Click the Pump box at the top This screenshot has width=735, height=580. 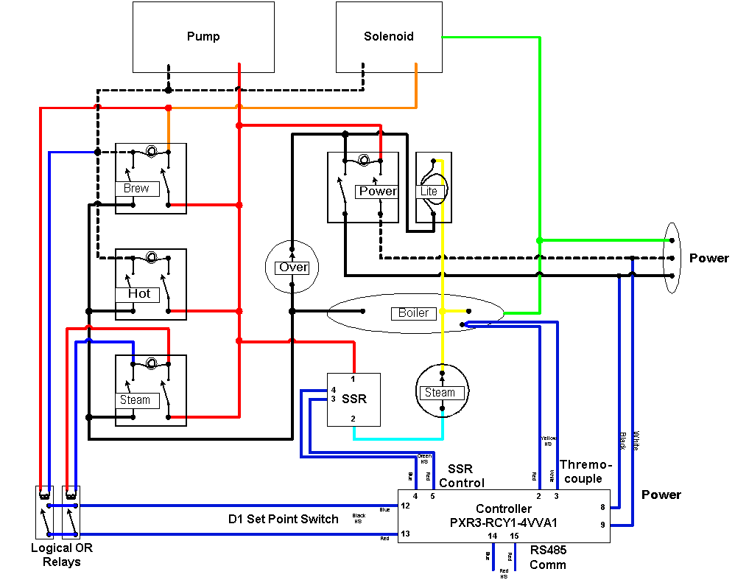[203, 37]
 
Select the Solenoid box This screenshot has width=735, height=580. [389, 37]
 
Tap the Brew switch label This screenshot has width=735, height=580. [137, 189]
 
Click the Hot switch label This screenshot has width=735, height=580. [138, 293]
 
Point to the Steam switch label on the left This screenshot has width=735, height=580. [136, 400]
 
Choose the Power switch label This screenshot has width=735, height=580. [377, 192]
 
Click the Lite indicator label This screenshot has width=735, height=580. [429, 192]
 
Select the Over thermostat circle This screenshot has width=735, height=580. [293, 267]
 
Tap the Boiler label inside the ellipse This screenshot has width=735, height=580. [413, 313]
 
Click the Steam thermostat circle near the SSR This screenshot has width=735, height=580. [440, 392]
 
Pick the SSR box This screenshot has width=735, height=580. [354, 399]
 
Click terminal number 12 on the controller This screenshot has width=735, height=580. [405, 506]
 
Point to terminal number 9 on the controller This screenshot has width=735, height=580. [602, 525]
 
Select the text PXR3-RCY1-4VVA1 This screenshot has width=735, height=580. [503, 523]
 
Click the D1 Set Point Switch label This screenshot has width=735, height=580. [284, 519]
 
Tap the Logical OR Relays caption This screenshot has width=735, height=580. [62, 555]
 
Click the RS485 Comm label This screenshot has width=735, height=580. [548, 557]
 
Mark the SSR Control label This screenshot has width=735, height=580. [462, 476]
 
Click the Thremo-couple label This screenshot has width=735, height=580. [585, 472]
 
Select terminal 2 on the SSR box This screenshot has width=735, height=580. [354, 419]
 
